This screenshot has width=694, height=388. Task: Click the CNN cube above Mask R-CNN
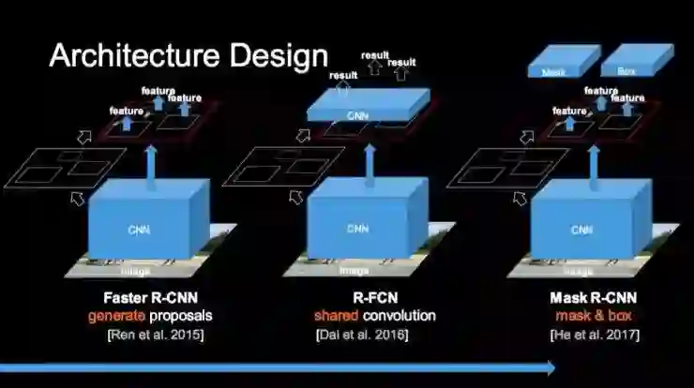581,225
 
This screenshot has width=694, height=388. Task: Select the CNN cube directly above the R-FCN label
358,225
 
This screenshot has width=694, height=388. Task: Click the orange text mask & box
583,316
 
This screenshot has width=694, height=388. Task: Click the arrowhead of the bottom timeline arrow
547,368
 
